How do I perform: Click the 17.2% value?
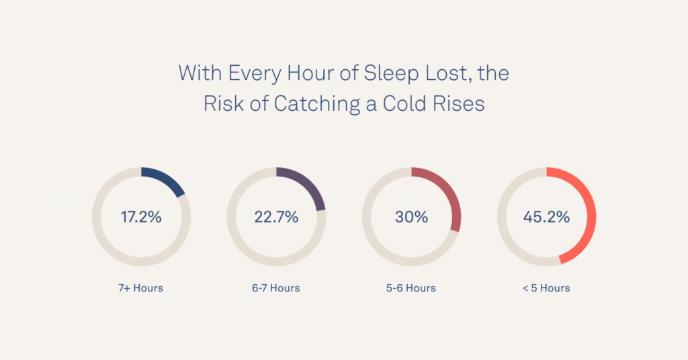(x=141, y=218)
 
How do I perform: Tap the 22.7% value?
(x=276, y=218)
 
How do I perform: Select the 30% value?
(x=411, y=218)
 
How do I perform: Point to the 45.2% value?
(x=546, y=218)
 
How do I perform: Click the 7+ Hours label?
(x=141, y=288)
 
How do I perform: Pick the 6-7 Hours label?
(x=276, y=288)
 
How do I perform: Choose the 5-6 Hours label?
(x=411, y=288)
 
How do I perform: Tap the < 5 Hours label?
(x=546, y=288)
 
